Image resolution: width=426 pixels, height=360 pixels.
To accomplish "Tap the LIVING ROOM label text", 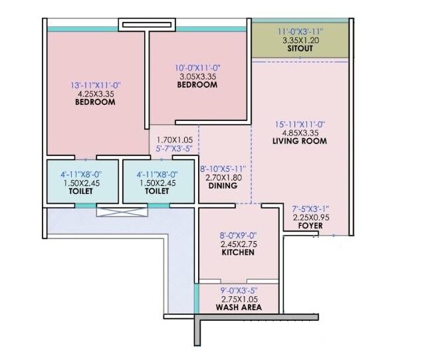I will (x=300, y=141).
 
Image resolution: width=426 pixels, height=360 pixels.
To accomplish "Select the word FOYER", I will (x=310, y=226).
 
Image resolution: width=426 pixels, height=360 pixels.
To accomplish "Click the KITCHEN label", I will (x=239, y=253).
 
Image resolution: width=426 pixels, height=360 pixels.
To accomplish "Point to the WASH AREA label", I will (x=239, y=308).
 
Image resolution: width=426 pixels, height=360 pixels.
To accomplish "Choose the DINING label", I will (x=223, y=186).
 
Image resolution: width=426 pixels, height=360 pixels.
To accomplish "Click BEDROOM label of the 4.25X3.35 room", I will (x=100, y=103).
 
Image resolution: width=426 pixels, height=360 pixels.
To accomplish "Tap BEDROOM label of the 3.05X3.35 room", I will (x=197, y=85).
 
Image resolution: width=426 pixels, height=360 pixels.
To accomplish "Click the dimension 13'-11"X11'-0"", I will (x=100, y=85).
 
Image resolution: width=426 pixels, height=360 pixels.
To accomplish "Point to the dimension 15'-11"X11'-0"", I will (x=300, y=124).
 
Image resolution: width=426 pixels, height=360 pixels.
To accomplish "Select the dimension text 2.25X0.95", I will (x=310, y=217).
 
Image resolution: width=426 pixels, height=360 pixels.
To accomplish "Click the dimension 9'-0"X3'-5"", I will (x=239, y=290).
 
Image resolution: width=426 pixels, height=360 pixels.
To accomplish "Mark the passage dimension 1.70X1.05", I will (x=174, y=140).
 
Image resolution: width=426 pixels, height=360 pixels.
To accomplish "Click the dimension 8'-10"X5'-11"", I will (x=223, y=169).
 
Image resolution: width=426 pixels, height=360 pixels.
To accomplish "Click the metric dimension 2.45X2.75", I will (x=239, y=244).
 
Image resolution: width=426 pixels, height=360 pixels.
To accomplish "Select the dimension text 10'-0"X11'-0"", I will (x=197, y=68).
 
